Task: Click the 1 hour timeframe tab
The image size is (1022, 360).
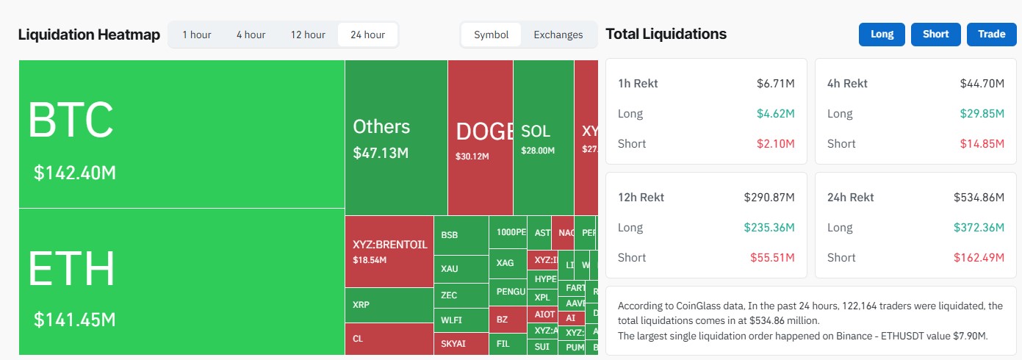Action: click(x=196, y=35)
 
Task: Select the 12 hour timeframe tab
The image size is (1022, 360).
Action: click(x=308, y=35)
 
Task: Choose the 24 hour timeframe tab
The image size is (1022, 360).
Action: click(x=367, y=35)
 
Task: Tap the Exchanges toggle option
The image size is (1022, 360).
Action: click(x=558, y=35)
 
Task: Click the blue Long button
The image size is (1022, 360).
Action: click(x=882, y=34)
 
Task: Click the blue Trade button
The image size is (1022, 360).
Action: click(x=991, y=34)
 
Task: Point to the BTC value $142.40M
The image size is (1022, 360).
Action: click(x=75, y=173)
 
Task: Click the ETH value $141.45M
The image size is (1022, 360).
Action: click(x=75, y=320)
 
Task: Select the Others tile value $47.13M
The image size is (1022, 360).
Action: click(x=381, y=153)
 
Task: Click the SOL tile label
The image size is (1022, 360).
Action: click(x=535, y=132)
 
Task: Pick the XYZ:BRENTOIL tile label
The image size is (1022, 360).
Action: click(x=390, y=245)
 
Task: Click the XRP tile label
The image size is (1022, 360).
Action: click(x=361, y=304)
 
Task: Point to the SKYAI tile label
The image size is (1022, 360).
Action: click(x=453, y=343)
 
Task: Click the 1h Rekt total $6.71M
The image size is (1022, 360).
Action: click(x=775, y=84)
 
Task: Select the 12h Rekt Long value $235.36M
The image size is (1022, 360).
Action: click(x=769, y=228)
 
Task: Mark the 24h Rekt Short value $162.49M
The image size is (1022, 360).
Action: click(x=979, y=257)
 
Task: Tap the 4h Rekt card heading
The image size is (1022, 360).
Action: click(x=847, y=84)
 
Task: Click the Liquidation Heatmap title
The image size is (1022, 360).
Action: click(x=89, y=35)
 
